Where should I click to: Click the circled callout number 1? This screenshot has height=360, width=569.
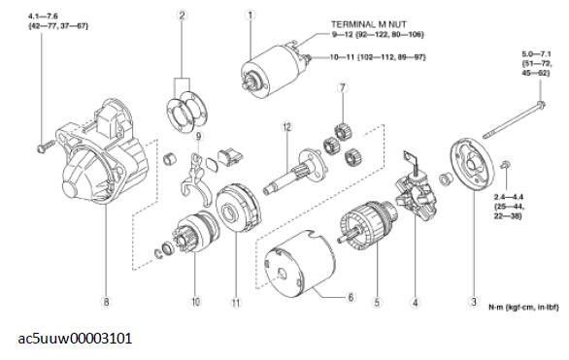(250, 15)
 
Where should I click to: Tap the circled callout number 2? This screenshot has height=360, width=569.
(182, 16)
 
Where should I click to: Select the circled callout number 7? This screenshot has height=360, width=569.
(342, 87)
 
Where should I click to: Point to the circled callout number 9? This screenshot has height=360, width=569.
(198, 136)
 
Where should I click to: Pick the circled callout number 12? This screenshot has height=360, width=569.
(287, 127)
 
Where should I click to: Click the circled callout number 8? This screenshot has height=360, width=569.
(106, 302)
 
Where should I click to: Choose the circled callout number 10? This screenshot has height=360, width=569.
(195, 301)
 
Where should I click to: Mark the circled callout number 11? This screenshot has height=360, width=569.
(236, 303)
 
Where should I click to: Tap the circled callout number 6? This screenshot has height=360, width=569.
(351, 297)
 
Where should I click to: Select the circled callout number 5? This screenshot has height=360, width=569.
(377, 302)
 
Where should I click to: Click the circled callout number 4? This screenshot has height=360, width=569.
(416, 303)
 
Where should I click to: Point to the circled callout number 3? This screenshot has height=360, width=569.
(474, 301)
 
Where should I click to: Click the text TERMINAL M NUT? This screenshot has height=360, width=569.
(368, 24)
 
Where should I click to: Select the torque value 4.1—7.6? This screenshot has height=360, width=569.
(43, 16)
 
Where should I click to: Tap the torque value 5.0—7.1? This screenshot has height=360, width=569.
(536, 54)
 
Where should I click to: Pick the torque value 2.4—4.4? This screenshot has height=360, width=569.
(509, 197)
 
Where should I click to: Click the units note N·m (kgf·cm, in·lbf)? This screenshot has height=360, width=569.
(523, 308)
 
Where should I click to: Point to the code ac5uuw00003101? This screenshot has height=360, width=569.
(75, 339)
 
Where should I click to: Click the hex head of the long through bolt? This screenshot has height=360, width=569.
(542, 105)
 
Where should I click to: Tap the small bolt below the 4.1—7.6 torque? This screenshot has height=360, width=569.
(46, 147)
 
